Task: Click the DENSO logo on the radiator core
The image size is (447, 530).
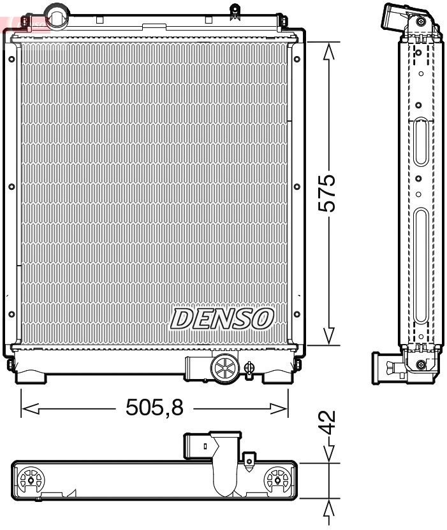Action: coord(221,318)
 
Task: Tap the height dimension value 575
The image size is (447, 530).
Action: coord(328,193)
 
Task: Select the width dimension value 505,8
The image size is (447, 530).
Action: coord(154,407)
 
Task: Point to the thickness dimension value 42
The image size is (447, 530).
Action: coord(328,422)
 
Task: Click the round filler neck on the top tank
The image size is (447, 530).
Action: coord(57,15)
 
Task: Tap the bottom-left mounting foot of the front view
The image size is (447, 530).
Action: coord(31,376)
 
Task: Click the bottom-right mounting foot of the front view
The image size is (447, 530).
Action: coord(279,376)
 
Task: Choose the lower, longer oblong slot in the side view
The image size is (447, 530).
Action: coord(420,268)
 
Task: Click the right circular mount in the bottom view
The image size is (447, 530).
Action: coord(277,479)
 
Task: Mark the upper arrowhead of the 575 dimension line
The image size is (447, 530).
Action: coord(328,51)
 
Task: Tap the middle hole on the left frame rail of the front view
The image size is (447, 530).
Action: coord(11,187)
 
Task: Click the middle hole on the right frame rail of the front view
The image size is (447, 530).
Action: coord(297,187)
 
